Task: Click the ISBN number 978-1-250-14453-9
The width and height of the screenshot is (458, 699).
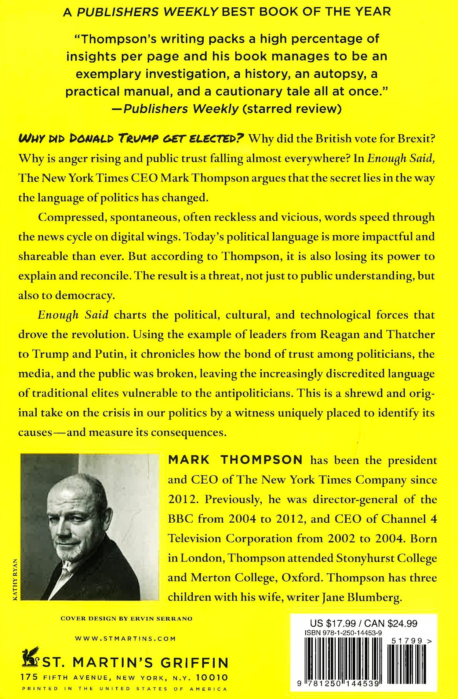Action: click(343, 633)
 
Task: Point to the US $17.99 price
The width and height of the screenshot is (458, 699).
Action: click(333, 624)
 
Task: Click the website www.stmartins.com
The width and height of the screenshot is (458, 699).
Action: click(125, 638)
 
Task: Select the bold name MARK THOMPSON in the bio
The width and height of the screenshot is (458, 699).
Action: click(235, 460)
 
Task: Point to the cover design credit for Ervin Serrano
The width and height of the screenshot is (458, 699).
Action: click(126, 619)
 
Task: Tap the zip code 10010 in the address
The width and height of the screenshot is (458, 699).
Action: click(212, 677)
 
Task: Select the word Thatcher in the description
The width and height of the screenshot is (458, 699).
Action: click(410, 334)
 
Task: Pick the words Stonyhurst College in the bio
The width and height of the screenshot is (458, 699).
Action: click(386, 558)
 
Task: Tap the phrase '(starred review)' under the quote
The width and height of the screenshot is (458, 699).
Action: click(292, 109)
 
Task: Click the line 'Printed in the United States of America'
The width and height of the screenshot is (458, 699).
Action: click(125, 689)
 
